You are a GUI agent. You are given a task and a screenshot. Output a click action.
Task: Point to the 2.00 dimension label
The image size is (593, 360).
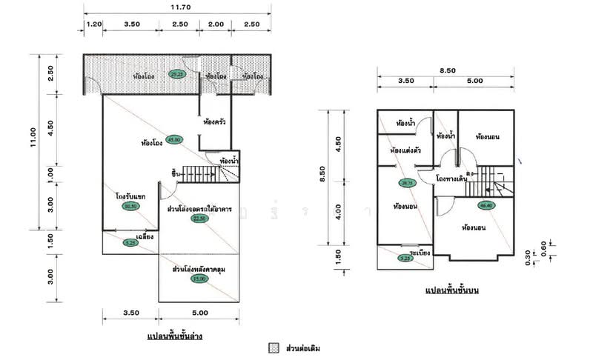tap(216, 24)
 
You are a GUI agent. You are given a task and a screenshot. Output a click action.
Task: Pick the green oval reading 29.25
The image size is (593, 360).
tap(176, 74)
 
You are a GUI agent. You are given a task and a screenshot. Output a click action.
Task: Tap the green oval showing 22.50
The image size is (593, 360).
tap(199, 219)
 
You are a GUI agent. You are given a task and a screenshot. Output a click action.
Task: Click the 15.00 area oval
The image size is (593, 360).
tap(198, 279)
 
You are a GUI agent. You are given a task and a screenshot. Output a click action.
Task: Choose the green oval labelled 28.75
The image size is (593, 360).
tap(406, 182)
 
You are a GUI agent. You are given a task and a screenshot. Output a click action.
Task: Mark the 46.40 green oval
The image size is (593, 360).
tap(486, 205)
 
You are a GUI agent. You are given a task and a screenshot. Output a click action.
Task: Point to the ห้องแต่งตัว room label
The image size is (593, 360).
tap(405, 151)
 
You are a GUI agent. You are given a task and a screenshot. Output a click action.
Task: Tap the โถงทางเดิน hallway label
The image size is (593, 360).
tap(451, 179)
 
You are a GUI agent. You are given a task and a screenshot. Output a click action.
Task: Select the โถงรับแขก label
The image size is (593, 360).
tap(130, 196)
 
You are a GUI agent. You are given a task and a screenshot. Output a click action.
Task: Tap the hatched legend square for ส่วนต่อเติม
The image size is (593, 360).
tap(274, 347)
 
